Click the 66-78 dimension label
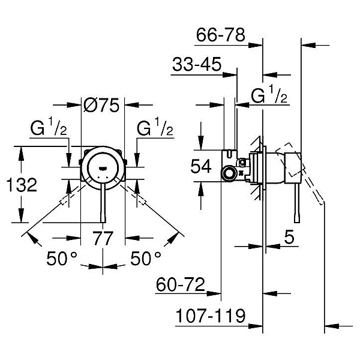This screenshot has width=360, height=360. coord(221,35)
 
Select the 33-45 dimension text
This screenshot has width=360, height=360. coord(197,64)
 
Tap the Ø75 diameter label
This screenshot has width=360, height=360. coord(101,106)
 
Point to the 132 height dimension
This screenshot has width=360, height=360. coord(22,185)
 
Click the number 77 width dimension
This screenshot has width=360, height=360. coord(103,238)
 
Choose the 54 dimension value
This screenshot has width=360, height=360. coord(201,166)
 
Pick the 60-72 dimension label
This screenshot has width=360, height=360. coord(180,284)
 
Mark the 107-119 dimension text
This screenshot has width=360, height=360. coord(211,316)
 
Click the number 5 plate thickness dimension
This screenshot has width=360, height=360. coord(289,237)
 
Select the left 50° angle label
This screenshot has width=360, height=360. coord(62,258)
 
